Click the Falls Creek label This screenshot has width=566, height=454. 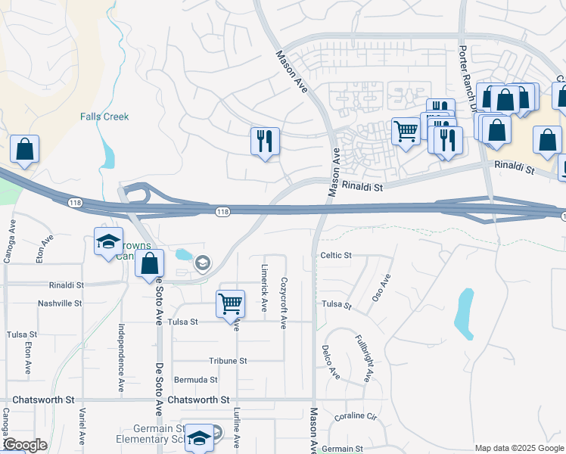(104, 117)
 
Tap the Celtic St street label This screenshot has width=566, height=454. (336, 256)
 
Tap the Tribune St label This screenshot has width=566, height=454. (228, 361)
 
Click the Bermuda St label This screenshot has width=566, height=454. (195, 380)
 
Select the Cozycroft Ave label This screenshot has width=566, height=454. (284, 301)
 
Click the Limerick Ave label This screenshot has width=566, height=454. (264, 288)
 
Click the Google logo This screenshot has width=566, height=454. (25, 445)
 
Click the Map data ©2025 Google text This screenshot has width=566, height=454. (518, 448)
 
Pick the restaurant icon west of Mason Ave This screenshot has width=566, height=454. (265, 141)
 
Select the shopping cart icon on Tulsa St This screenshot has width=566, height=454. (230, 304)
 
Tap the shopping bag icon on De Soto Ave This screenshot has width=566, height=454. (150, 265)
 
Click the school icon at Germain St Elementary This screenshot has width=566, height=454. (199, 437)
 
